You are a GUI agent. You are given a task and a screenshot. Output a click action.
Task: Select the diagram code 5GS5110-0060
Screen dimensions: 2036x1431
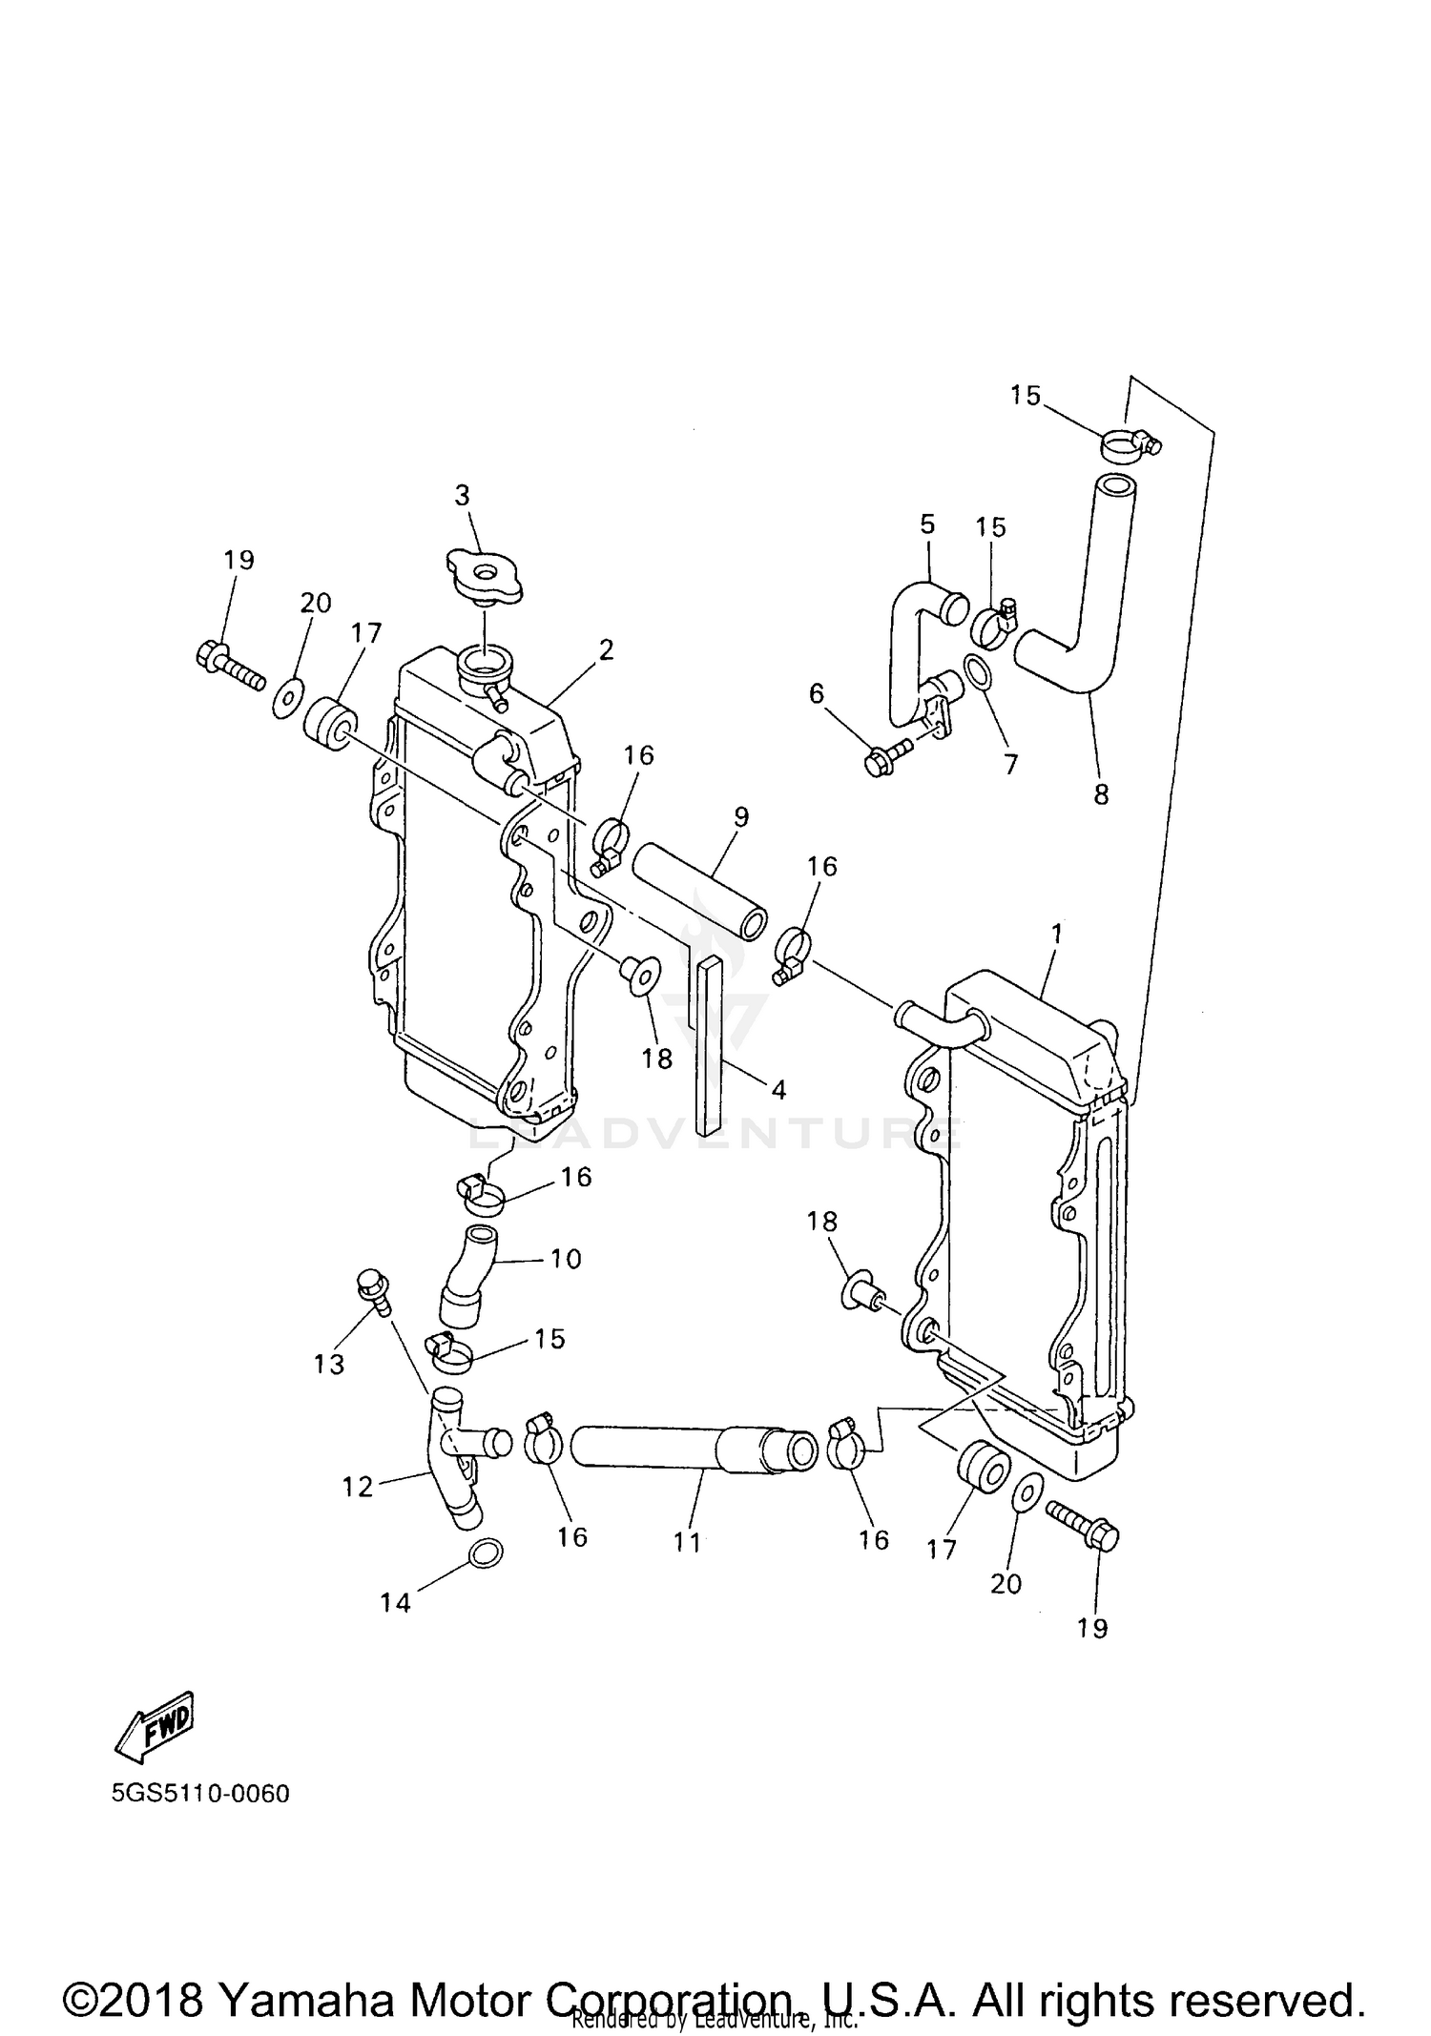coord(200,1793)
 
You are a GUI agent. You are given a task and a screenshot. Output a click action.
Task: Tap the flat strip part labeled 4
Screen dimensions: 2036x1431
coord(712,1046)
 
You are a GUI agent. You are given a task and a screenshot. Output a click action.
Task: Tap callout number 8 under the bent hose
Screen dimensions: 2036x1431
coord(1101,794)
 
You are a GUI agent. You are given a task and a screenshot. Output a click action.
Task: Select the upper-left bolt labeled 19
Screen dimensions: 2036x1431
coord(229,665)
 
